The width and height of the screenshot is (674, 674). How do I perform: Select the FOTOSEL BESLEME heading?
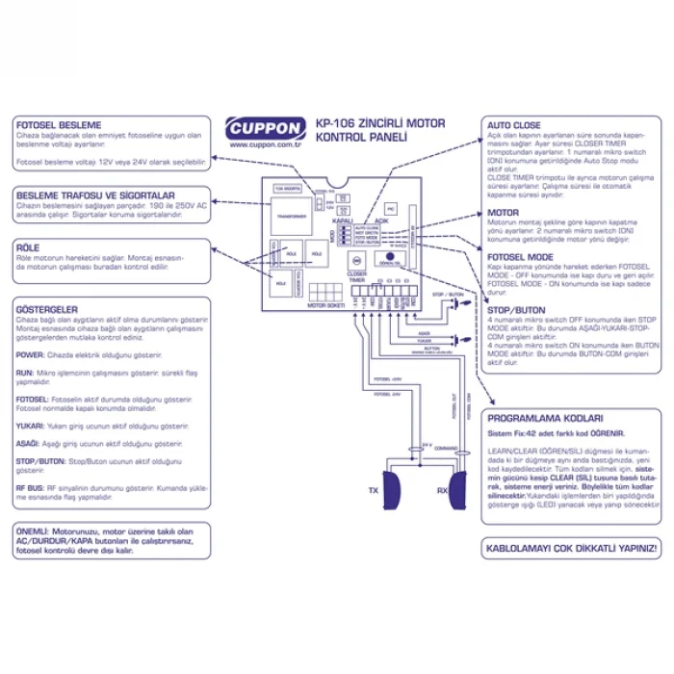59,126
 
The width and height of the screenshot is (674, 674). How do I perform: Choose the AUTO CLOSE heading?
513,126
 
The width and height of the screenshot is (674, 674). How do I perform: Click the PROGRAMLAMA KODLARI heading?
545,419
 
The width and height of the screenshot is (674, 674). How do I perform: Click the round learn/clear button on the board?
392,256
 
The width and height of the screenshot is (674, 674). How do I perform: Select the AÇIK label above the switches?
381,220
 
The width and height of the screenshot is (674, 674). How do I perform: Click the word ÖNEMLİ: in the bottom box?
37,531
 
